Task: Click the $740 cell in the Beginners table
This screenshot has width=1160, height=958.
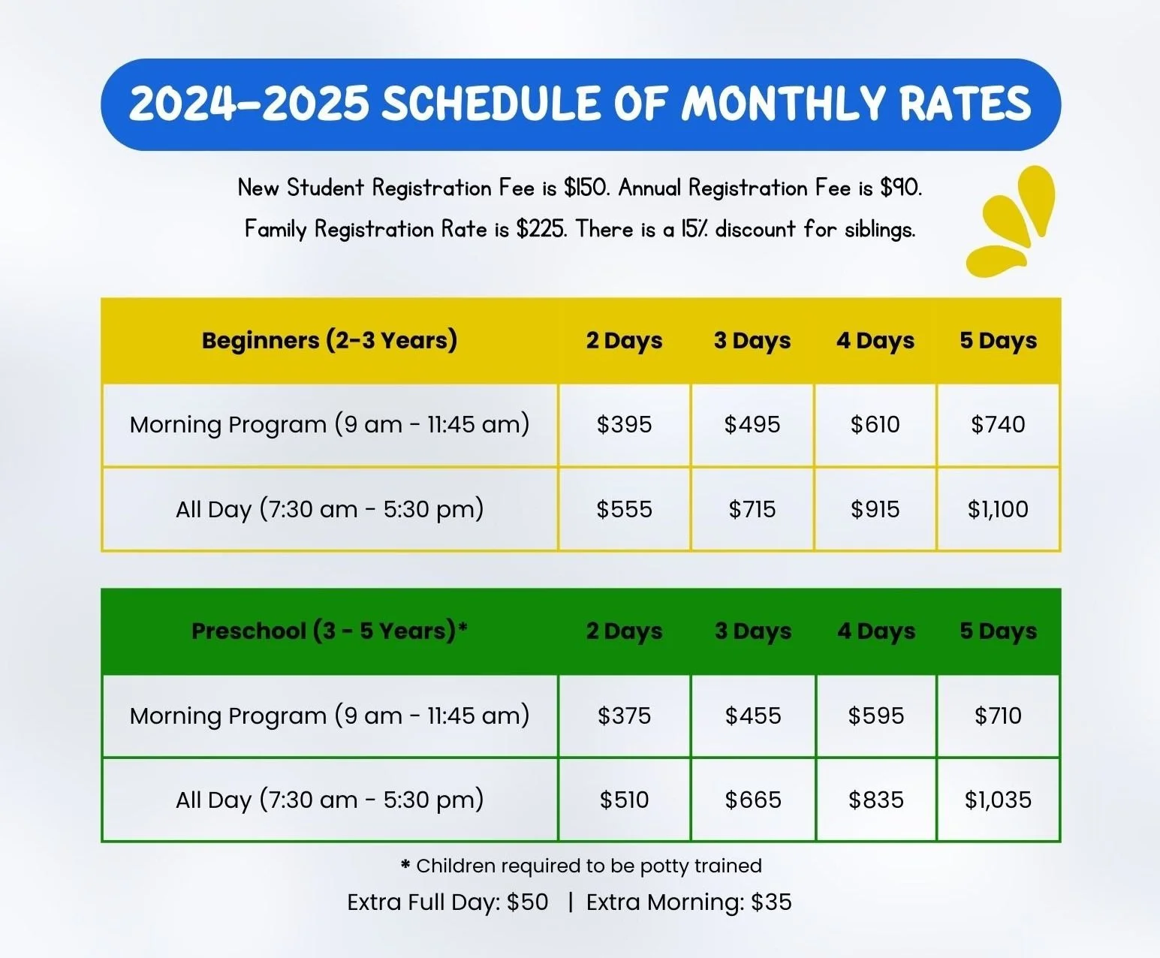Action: [998, 425]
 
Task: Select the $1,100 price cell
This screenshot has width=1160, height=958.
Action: [998, 510]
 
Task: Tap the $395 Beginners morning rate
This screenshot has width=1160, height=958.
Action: [624, 425]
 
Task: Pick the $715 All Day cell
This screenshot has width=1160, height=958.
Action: [752, 510]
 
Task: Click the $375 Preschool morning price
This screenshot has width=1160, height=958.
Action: [624, 715]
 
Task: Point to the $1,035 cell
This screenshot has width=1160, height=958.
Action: [998, 800]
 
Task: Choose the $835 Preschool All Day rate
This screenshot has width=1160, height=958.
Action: [875, 800]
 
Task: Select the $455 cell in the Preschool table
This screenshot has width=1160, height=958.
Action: [752, 715]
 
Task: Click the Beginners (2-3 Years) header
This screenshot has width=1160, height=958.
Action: [330, 341]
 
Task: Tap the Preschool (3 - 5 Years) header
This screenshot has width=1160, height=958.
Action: [330, 631]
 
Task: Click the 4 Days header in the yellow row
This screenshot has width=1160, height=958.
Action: [875, 341]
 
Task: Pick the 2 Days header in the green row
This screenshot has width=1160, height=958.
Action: [624, 631]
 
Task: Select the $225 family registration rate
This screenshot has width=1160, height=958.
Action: [541, 229]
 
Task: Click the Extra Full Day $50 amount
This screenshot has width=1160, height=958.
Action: [527, 902]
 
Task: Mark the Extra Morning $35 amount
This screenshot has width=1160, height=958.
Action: [771, 902]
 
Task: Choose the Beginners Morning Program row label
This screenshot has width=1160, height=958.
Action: [330, 425]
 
